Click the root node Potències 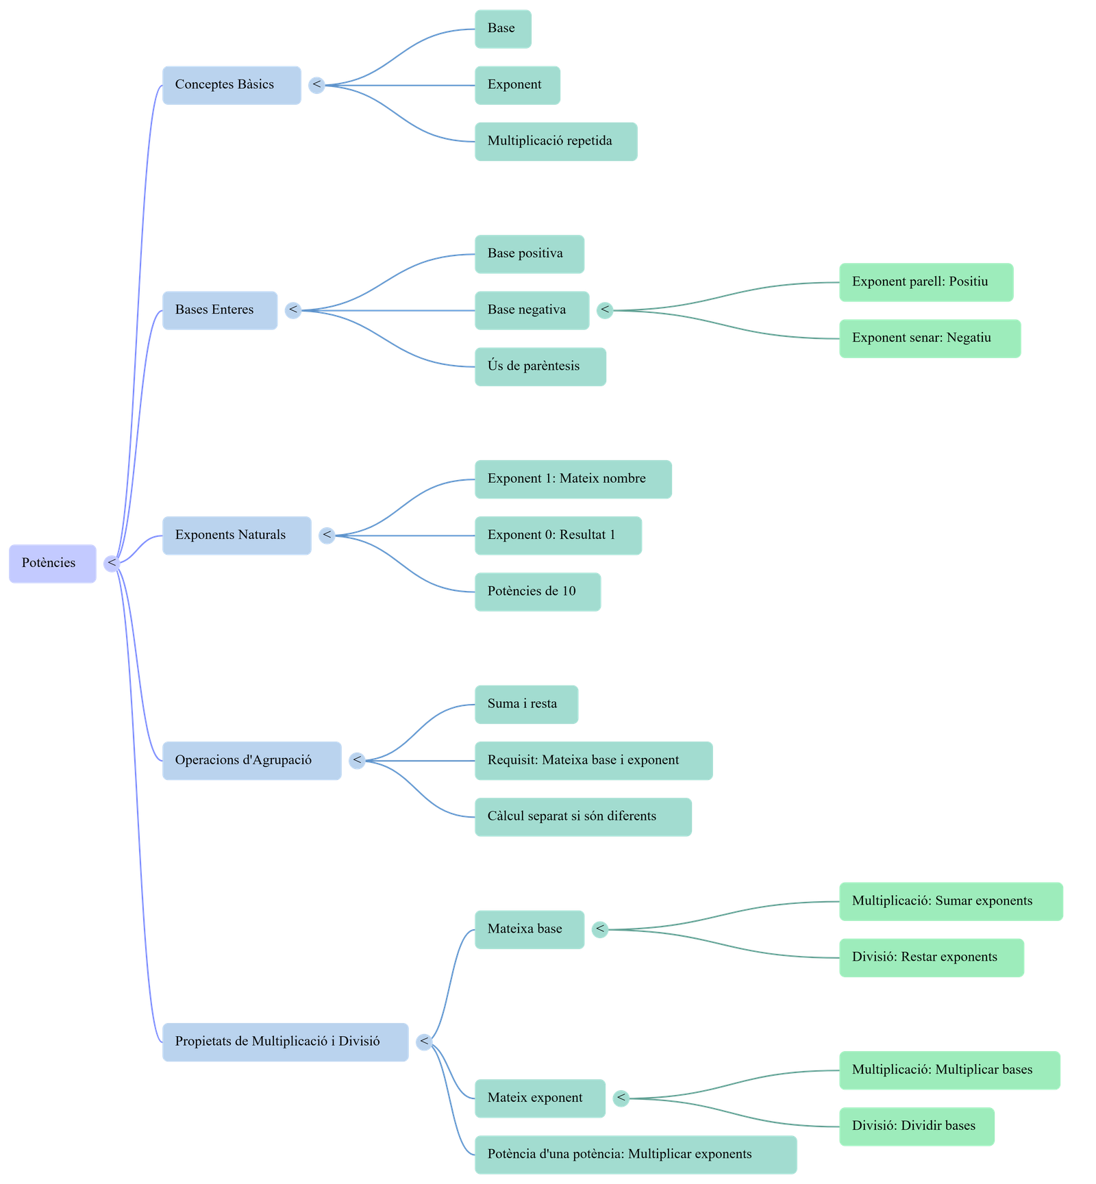[52, 564]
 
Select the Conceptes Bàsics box [232, 85]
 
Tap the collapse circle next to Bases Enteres [293, 310]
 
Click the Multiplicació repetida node [556, 142]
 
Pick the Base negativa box [532, 310]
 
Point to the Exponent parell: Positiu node [926, 282]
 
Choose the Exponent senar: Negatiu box [930, 338]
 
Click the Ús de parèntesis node [540, 366]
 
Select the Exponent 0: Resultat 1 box [558, 536]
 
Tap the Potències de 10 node [538, 592]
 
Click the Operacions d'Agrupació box [251, 760]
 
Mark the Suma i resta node [526, 704]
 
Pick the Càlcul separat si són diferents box [583, 816]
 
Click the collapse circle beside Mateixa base [600, 929]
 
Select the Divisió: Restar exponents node [931, 957]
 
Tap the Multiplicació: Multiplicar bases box [949, 1070]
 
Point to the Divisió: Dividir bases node [917, 1126]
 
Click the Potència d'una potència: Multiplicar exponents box [635, 1155]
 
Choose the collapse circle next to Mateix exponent [621, 1098]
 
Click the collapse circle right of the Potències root [112, 564]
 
